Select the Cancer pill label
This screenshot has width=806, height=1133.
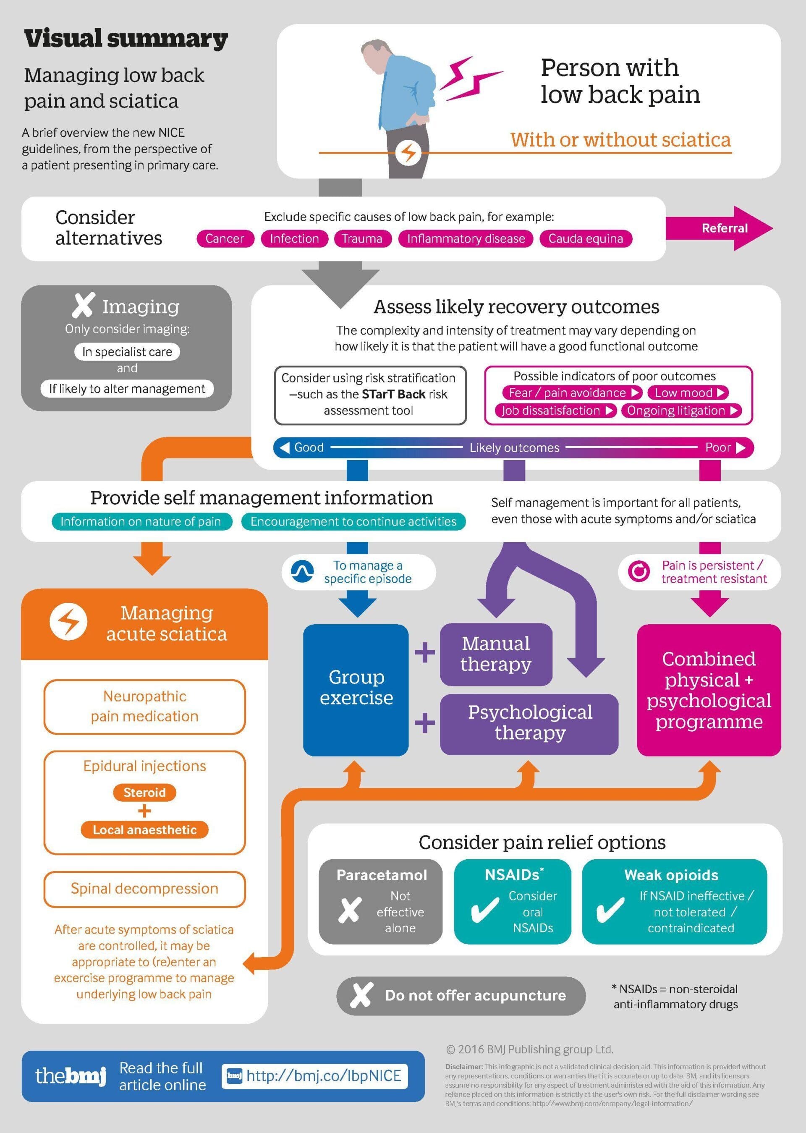click(225, 239)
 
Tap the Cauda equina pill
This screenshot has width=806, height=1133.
click(585, 239)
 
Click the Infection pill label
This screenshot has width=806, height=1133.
click(294, 239)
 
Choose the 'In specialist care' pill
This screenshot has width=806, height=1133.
click(127, 352)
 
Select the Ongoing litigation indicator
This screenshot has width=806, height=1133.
click(681, 411)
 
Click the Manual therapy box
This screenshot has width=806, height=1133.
click(496, 654)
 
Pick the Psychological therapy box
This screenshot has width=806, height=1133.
click(529, 722)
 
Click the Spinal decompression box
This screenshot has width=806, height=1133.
click(144, 888)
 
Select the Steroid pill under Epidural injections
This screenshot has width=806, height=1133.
click(144, 793)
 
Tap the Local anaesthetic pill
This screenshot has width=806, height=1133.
click(144, 830)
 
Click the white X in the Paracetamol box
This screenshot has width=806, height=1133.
click(349, 910)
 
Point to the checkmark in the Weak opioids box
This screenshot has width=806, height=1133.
click(610, 910)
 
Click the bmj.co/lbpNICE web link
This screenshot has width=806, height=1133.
click(324, 1076)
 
